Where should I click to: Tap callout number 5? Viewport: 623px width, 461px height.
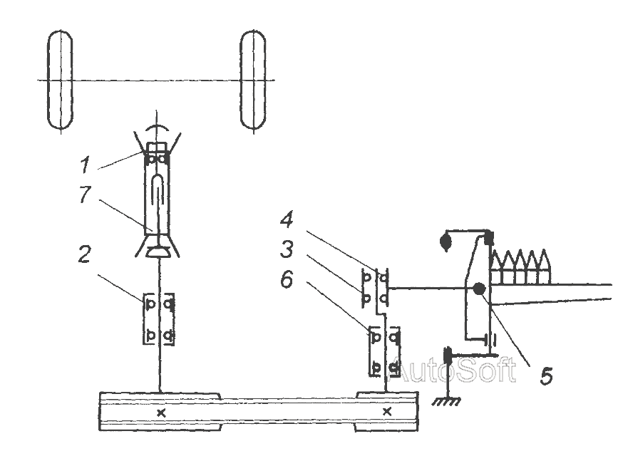coord(545,376)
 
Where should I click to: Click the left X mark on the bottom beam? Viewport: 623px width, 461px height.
coord(161,412)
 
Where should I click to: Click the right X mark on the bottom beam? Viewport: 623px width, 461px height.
coord(387,412)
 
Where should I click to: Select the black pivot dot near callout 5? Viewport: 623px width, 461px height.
coord(478,289)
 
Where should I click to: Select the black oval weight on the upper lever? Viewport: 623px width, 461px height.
coord(447,241)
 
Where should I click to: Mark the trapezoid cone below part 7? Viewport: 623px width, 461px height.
coord(158,252)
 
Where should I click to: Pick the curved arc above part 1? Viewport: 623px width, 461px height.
coord(158,130)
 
